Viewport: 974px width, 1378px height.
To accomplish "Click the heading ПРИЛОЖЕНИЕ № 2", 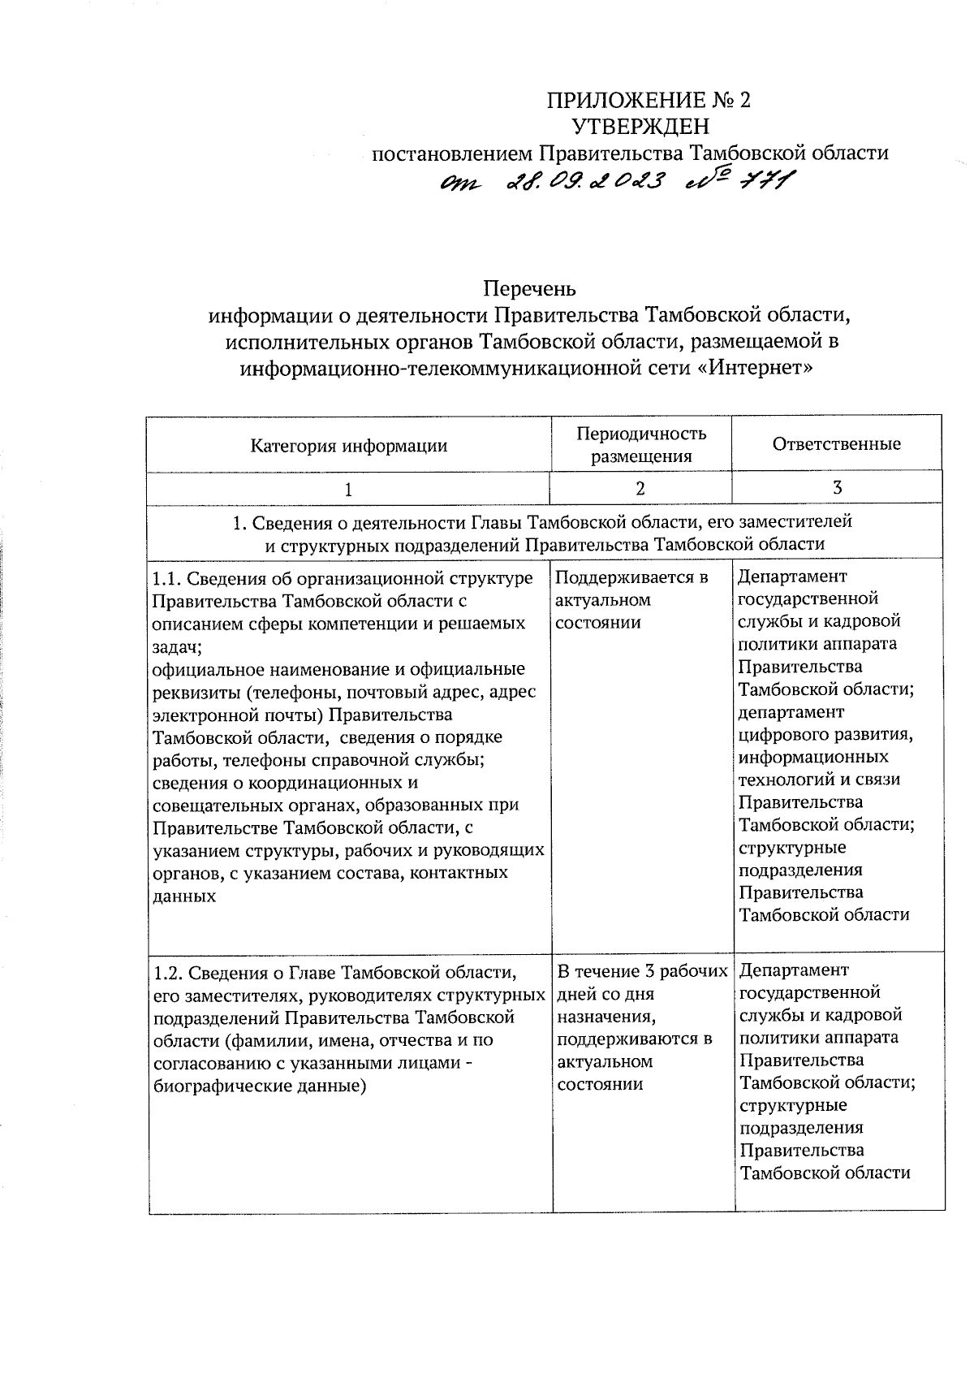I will pyautogui.click(x=649, y=101).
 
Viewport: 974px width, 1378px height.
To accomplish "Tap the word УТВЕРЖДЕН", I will pyautogui.click(x=640, y=127).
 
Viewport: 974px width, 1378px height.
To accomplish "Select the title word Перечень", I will pyautogui.click(x=529, y=288).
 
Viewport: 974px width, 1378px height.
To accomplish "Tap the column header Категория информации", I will pyautogui.click(x=348, y=445).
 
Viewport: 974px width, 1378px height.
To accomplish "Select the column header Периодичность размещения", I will pyautogui.click(x=641, y=444).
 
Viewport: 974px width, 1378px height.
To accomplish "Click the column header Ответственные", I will pyautogui.click(x=836, y=444).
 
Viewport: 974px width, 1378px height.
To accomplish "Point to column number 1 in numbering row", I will pyautogui.click(x=348, y=490).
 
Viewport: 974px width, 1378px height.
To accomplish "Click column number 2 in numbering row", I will pyautogui.click(x=640, y=488).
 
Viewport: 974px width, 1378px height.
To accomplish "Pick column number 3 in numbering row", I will pyautogui.click(x=837, y=487).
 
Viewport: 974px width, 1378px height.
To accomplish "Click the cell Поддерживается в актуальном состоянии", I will pyautogui.click(x=631, y=600).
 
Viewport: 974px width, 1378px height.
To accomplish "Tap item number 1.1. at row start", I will pyautogui.click(x=170, y=578).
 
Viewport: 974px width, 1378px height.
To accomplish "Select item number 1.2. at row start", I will pyautogui.click(x=170, y=972).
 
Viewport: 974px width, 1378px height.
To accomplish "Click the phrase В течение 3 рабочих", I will pyautogui.click(x=642, y=971).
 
